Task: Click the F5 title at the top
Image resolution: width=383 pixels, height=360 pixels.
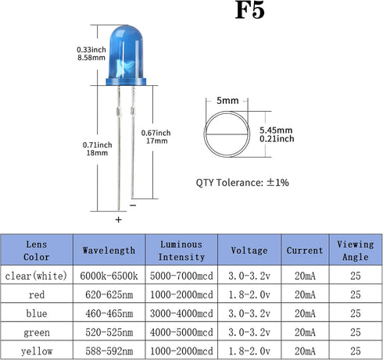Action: (x=249, y=10)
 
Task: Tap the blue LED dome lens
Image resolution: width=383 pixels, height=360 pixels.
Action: (x=126, y=52)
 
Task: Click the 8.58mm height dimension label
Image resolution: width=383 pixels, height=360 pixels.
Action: (x=91, y=58)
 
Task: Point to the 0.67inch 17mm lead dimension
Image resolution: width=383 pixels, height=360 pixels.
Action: (x=156, y=137)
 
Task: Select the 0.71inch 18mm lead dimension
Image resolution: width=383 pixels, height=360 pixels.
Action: (x=97, y=148)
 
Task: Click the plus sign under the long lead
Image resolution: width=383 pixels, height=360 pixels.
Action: (x=119, y=219)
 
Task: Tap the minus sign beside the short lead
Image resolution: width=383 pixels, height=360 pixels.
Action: (x=133, y=205)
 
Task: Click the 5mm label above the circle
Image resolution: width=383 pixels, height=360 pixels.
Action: (x=227, y=101)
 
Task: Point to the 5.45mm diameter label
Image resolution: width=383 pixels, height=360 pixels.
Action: (x=276, y=130)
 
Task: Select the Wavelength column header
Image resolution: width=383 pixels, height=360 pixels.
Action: (x=109, y=251)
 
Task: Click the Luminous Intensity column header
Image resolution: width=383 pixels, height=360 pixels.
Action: (x=181, y=251)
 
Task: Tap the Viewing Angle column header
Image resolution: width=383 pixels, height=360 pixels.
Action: (x=356, y=251)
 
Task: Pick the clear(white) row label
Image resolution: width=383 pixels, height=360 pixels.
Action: (x=36, y=276)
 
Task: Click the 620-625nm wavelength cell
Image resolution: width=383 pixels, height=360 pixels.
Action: (x=109, y=294)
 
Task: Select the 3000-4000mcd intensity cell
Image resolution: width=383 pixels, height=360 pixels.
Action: (x=181, y=313)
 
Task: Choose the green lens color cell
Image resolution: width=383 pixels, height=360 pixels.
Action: (x=37, y=333)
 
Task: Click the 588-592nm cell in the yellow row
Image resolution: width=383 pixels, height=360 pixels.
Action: (x=109, y=351)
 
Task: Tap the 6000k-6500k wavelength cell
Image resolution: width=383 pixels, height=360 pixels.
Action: (x=109, y=276)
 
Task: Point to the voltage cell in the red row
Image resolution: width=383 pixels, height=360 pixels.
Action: (x=249, y=294)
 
